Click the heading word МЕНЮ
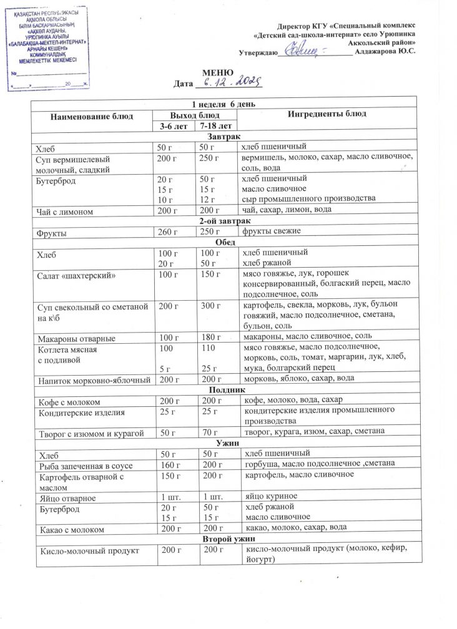click(x=224, y=72)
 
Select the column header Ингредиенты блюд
click(x=327, y=114)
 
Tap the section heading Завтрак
click(x=224, y=137)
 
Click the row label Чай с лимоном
click(x=66, y=212)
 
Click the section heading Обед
click(x=224, y=242)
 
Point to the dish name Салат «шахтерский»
click(x=77, y=274)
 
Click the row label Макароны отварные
click(x=76, y=338)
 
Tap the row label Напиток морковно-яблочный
click(x=93, y=379)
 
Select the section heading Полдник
click(x=224, y=389)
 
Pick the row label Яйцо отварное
click(x=67, y=497)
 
